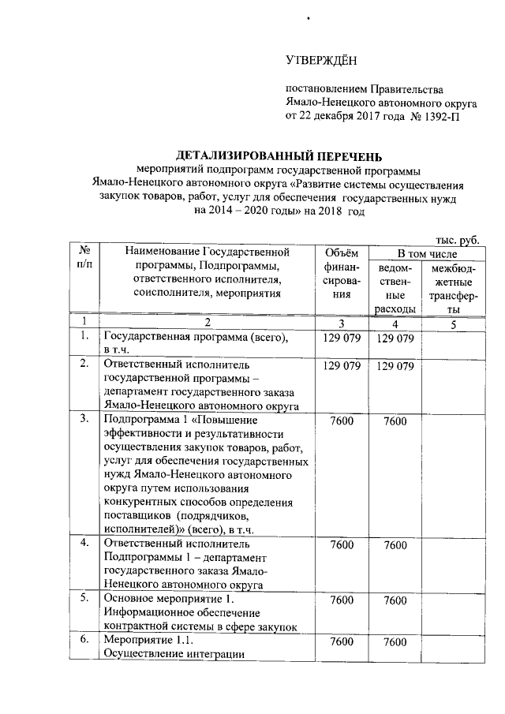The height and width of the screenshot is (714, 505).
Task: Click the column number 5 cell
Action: (x=454, y=323)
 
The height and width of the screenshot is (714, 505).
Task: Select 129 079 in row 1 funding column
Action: (x=341, y=338)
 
